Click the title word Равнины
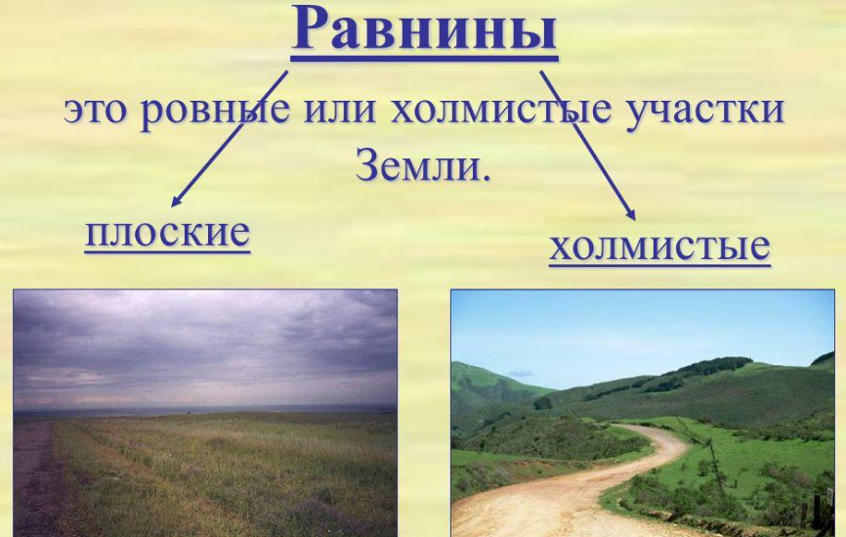click(425, 27)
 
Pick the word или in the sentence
click(339, 110)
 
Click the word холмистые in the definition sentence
click(501, 110)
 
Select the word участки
click(705, 112)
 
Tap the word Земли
click(417, 164)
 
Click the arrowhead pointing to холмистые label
click(630, 214)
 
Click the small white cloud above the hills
click(520, 373)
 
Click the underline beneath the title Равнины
click(425, 55)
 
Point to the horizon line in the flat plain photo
click(205, 412)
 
